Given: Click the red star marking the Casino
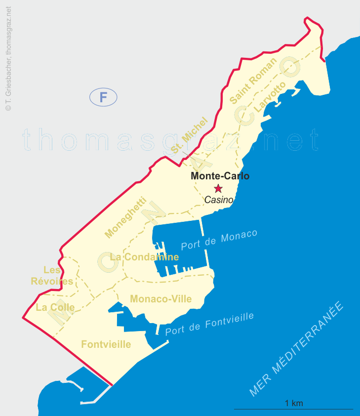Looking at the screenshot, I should [x=218, y=188].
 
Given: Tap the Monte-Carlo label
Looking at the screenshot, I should [x=220, y=176].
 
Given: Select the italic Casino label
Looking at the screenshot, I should [x=219, y=200].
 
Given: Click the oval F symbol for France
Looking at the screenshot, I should [x=103, y=97].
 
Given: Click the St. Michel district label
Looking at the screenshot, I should [x=190, y=135].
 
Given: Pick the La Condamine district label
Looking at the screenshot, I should [x=144, y=257].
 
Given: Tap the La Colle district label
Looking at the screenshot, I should [x=55, y=307].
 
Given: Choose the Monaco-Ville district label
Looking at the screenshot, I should [x=160, y=299].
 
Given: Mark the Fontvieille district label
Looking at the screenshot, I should [x=106, y=344].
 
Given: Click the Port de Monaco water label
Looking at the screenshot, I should [x=219, y=240].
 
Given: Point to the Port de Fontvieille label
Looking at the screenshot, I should [x=209, y=324].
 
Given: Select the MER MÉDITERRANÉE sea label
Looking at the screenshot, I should [x=296, y=349].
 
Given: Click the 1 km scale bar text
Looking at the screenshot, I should [x=294, y=403].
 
